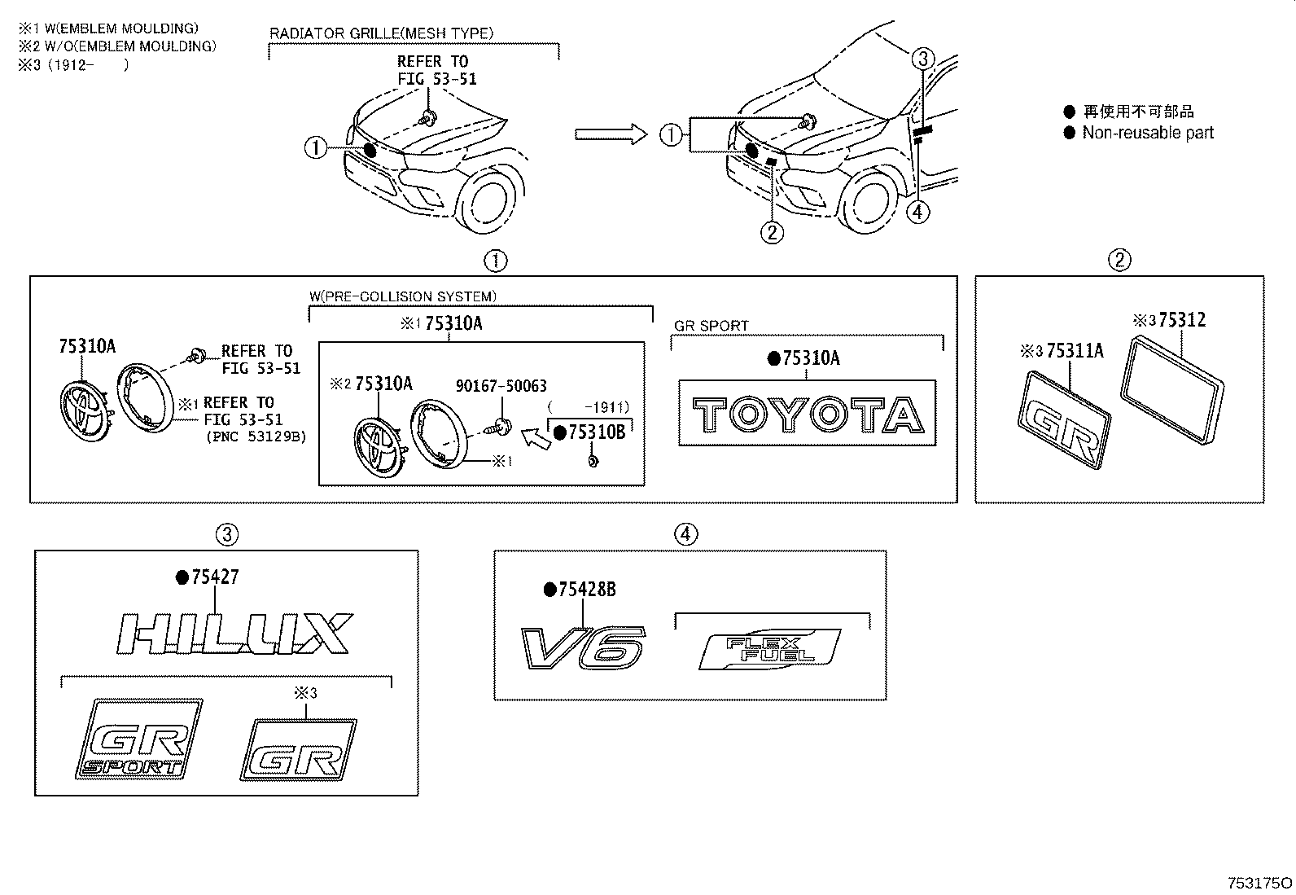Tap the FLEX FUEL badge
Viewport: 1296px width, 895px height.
[768, 649]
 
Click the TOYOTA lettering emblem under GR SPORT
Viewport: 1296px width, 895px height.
[808, 414]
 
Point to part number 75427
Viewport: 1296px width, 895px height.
[215, 577]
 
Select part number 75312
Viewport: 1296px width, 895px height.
[1181, 320]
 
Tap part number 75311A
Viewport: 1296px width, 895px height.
[1074, 351]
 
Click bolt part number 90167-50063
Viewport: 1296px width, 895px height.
[501, 386]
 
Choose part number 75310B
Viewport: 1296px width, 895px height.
[596, 432]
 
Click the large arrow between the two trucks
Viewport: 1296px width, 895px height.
[610, 134]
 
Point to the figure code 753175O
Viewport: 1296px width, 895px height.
[1259, 883]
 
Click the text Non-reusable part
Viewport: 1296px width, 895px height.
[1147, 133]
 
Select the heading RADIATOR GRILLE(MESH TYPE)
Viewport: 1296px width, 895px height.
[381, 33]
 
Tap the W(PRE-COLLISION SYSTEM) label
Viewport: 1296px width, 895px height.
[402, 296]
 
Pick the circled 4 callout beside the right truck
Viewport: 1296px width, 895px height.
[917, 212]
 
